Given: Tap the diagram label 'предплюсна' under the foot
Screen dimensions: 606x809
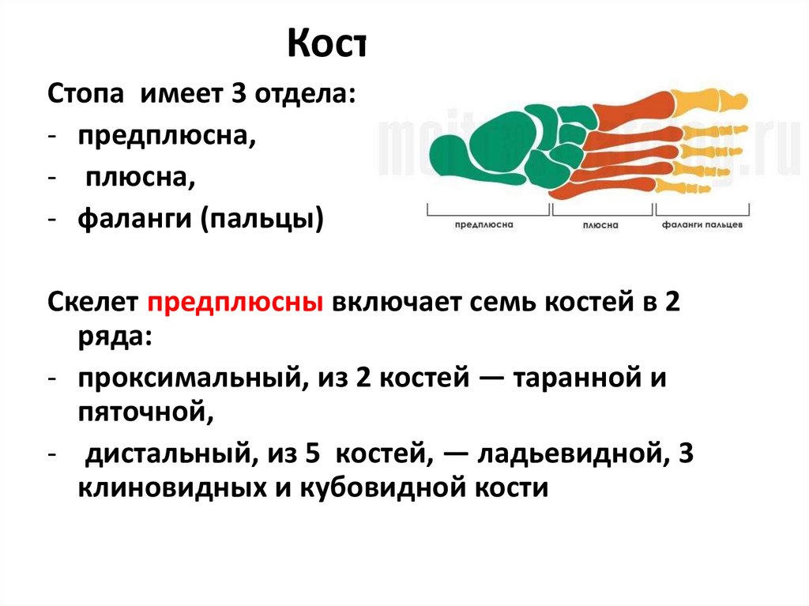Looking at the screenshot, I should tap(484, 224).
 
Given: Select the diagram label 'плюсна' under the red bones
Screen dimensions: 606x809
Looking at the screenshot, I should tap(600, 225).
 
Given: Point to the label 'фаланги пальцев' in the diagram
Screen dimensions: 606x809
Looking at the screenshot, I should tap(702, 224).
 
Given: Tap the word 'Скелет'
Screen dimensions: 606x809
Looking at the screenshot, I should tap(93, 303).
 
